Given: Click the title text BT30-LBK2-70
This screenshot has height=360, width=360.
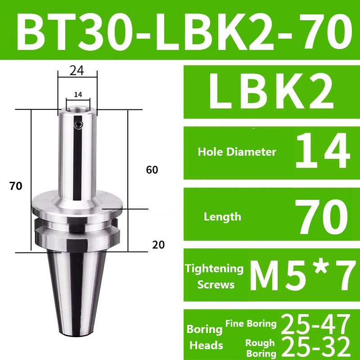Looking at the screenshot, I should (180, 30).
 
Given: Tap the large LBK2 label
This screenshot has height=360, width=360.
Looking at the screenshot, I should (271, 92).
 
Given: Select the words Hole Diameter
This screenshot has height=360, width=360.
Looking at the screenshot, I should (237, 152).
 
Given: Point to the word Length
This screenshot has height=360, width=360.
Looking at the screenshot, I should (222, 216).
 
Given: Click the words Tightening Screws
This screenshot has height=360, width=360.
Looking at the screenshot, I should (214, 276).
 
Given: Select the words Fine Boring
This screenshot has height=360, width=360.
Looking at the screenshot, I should (250, 323).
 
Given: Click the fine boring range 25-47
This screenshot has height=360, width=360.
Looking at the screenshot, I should (315, 323).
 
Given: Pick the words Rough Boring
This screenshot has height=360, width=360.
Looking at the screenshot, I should (260, 348).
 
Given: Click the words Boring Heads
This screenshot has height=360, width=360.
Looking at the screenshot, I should (204, 337).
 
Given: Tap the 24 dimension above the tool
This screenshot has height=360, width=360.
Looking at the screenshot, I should (77, 70).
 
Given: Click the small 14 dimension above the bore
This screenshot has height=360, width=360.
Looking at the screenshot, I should (77, 94).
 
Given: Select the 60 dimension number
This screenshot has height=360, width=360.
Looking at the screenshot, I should (153, 170).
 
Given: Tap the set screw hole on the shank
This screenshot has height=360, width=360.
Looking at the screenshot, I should (80, 126).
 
